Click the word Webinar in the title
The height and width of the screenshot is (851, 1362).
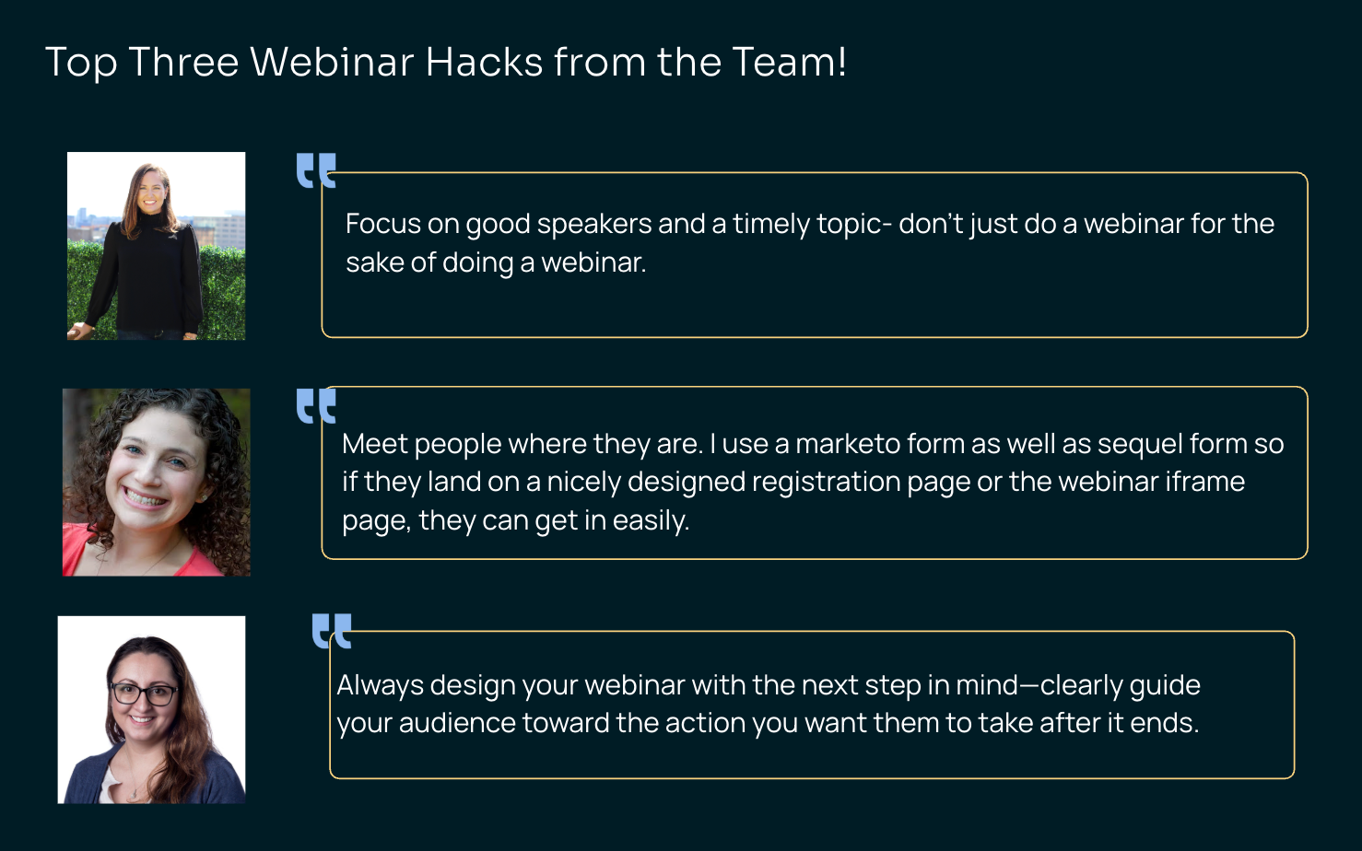pyautogui.click(x=332, y=62)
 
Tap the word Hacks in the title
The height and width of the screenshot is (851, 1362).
pyautogui.click(x=484, y=62)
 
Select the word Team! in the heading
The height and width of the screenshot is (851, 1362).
pyautogui.click(x=789, y=62)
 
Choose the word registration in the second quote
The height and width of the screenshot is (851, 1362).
pyautogui.click(x=827, y=483)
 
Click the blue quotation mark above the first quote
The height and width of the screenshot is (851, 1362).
pyautogui.click(x=316, y=170)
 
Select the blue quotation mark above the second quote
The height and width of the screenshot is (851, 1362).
pyautogui.click(x=316, y=405)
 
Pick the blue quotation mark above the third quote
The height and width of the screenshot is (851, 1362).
pyautogui.click(x=332, y=631)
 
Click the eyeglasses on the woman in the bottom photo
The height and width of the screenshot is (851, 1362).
pyautogui.click(x=144, y=694)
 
